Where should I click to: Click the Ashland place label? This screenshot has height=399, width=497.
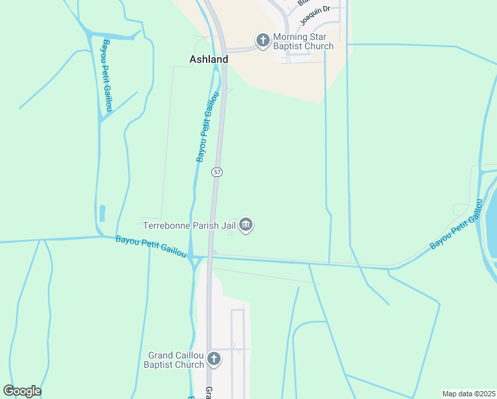[x=209, y=59]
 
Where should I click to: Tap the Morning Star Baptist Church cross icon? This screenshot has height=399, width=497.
[x=263, y=41]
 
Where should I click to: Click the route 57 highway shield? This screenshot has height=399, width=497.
[x=217, y=172]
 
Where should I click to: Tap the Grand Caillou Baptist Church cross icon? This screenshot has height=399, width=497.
[x=213, y=360]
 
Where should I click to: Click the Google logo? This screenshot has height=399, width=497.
[x=22, y=391]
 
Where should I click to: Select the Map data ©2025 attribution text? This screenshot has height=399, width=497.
[x=468, y=394]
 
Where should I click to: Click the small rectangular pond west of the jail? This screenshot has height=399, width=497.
[x=102, y=213]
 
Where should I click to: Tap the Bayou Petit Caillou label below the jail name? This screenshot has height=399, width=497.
[x=151, y=247]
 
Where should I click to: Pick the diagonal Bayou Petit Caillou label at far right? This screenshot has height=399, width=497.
[x=457, y=223]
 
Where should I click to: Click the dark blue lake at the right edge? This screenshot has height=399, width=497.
[x=492, y=219]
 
